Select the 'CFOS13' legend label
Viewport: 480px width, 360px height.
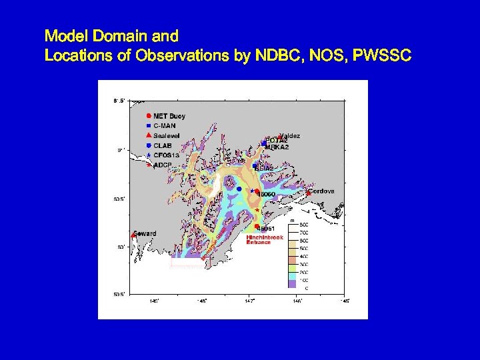(167, 155)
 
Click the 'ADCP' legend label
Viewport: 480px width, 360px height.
(163, 164)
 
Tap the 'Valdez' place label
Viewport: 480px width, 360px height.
(291, 136)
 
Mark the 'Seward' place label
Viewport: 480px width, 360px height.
(145, 233)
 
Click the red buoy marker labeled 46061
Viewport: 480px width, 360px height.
(257, 225)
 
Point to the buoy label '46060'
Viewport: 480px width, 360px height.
(267, 194)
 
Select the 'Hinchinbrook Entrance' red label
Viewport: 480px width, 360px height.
(265, 239)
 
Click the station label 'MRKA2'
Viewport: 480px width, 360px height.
(277, 147)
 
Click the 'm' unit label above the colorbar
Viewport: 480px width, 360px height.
(292, 219)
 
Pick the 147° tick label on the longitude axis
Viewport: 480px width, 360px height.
(249, 301)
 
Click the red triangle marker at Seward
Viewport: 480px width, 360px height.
(133, 235)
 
